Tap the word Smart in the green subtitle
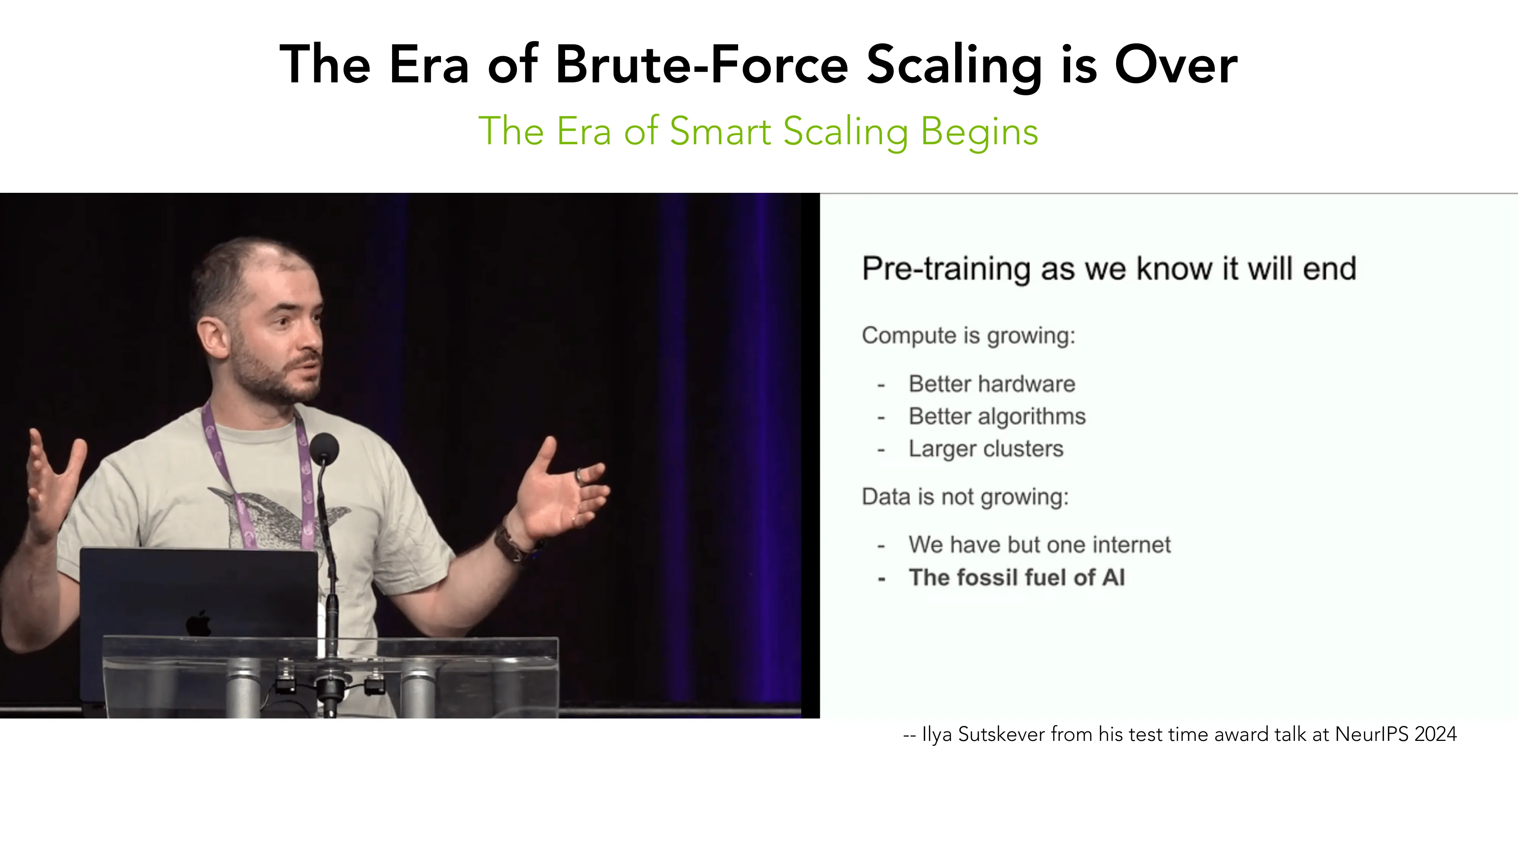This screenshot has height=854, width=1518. [720, 131]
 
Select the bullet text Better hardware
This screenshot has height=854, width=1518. [992, 384]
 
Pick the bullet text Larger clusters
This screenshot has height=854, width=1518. [986, 449]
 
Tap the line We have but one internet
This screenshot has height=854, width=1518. [1039, 545]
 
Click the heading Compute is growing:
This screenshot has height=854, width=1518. [968, 336]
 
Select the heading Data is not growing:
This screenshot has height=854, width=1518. [965, 497]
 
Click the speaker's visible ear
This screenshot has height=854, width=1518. [213, 337]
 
